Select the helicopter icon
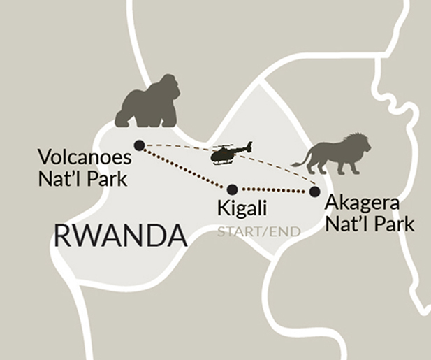point(228,153)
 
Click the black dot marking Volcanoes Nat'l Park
point(139,145)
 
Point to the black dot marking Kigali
point(233,189)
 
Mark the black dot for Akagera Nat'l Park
point(314,191)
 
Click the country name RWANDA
point(120,236)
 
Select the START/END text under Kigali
point(258,231)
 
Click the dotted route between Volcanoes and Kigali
point(186,167)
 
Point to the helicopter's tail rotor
point(248,146)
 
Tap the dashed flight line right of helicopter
point(279,162)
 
